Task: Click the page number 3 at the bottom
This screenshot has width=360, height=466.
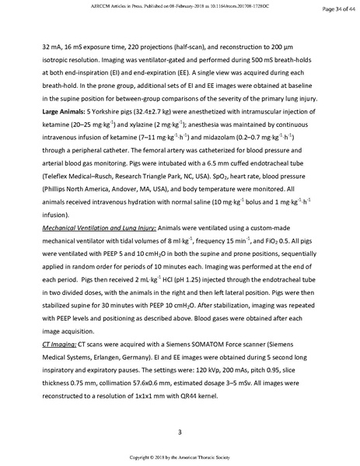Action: coord(180,432)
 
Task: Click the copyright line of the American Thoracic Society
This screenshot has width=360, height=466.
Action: coord(180,457)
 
